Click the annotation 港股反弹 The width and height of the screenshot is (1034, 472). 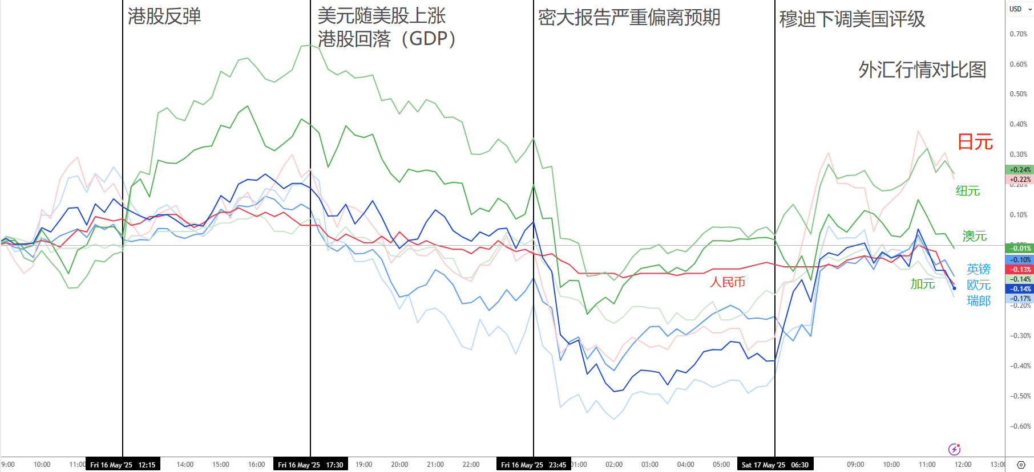tap(164, 17)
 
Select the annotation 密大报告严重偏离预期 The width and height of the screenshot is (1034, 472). tap(629, 18)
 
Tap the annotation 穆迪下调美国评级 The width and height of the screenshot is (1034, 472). tap(852, 19)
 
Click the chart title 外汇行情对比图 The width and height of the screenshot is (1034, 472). tap(922, 70)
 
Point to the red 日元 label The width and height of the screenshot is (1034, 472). tap(975, 142)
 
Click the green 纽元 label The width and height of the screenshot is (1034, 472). tap(968, 191)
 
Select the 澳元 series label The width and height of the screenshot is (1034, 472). tap(975, 236)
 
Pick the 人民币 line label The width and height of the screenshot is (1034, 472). tap(728, 282)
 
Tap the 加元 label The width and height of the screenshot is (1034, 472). tap(923, 284)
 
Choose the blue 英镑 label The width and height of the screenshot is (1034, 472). tap(979, 269)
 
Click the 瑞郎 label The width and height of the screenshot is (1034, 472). tap(979, 301)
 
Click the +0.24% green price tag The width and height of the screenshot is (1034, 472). tap(1020, 170)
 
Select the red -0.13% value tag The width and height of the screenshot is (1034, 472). tap(1020, 270)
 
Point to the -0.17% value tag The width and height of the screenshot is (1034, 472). tap(1020, 299)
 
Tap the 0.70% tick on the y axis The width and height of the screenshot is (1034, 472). tap(1019, 34)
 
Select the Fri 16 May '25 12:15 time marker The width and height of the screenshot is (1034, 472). tap(123, 465)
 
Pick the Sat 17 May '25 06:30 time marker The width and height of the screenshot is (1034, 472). tap(775, 465)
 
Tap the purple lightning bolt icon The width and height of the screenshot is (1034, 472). tap(954, 449)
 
